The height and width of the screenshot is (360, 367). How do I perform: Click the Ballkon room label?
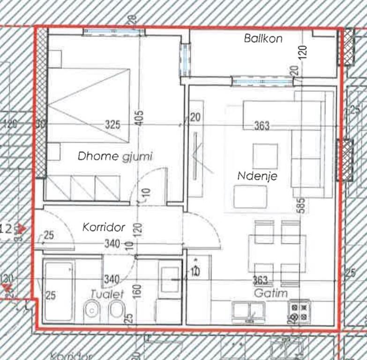(263, 39)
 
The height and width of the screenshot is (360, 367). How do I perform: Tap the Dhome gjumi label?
(115, 156)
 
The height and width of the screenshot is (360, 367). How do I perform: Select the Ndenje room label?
(257, 176)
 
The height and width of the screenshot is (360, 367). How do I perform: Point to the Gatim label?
(271, 293)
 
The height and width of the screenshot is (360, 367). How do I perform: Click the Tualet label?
(107, 294)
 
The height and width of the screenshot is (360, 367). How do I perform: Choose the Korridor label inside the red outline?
(104, 227)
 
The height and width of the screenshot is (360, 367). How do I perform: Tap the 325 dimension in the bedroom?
(112, 125)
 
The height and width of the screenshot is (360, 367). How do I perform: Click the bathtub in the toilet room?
(58, 291)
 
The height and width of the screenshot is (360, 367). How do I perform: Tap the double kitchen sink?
(248, 310)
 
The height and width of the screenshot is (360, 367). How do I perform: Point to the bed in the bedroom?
(89, 105)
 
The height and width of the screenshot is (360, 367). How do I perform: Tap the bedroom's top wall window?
(113, 32)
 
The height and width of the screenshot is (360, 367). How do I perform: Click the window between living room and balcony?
(262, 82)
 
